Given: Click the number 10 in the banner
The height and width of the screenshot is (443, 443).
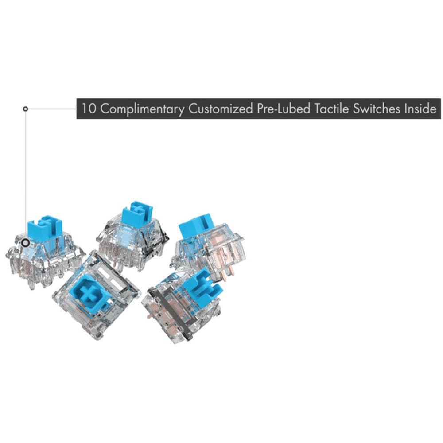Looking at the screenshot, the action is (89, 109).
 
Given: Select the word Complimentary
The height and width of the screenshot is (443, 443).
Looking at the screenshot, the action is (143, 109).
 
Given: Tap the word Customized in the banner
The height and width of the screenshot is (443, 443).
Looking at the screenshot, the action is (221, 109).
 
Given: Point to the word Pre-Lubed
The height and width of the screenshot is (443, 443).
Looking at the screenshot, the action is (283, 109).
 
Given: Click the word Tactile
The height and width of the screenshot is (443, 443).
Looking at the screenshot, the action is (331, 109).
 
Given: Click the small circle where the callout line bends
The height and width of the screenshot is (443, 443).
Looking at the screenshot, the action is (25, 109).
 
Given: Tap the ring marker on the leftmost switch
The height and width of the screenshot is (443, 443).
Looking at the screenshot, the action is (26, 242).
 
